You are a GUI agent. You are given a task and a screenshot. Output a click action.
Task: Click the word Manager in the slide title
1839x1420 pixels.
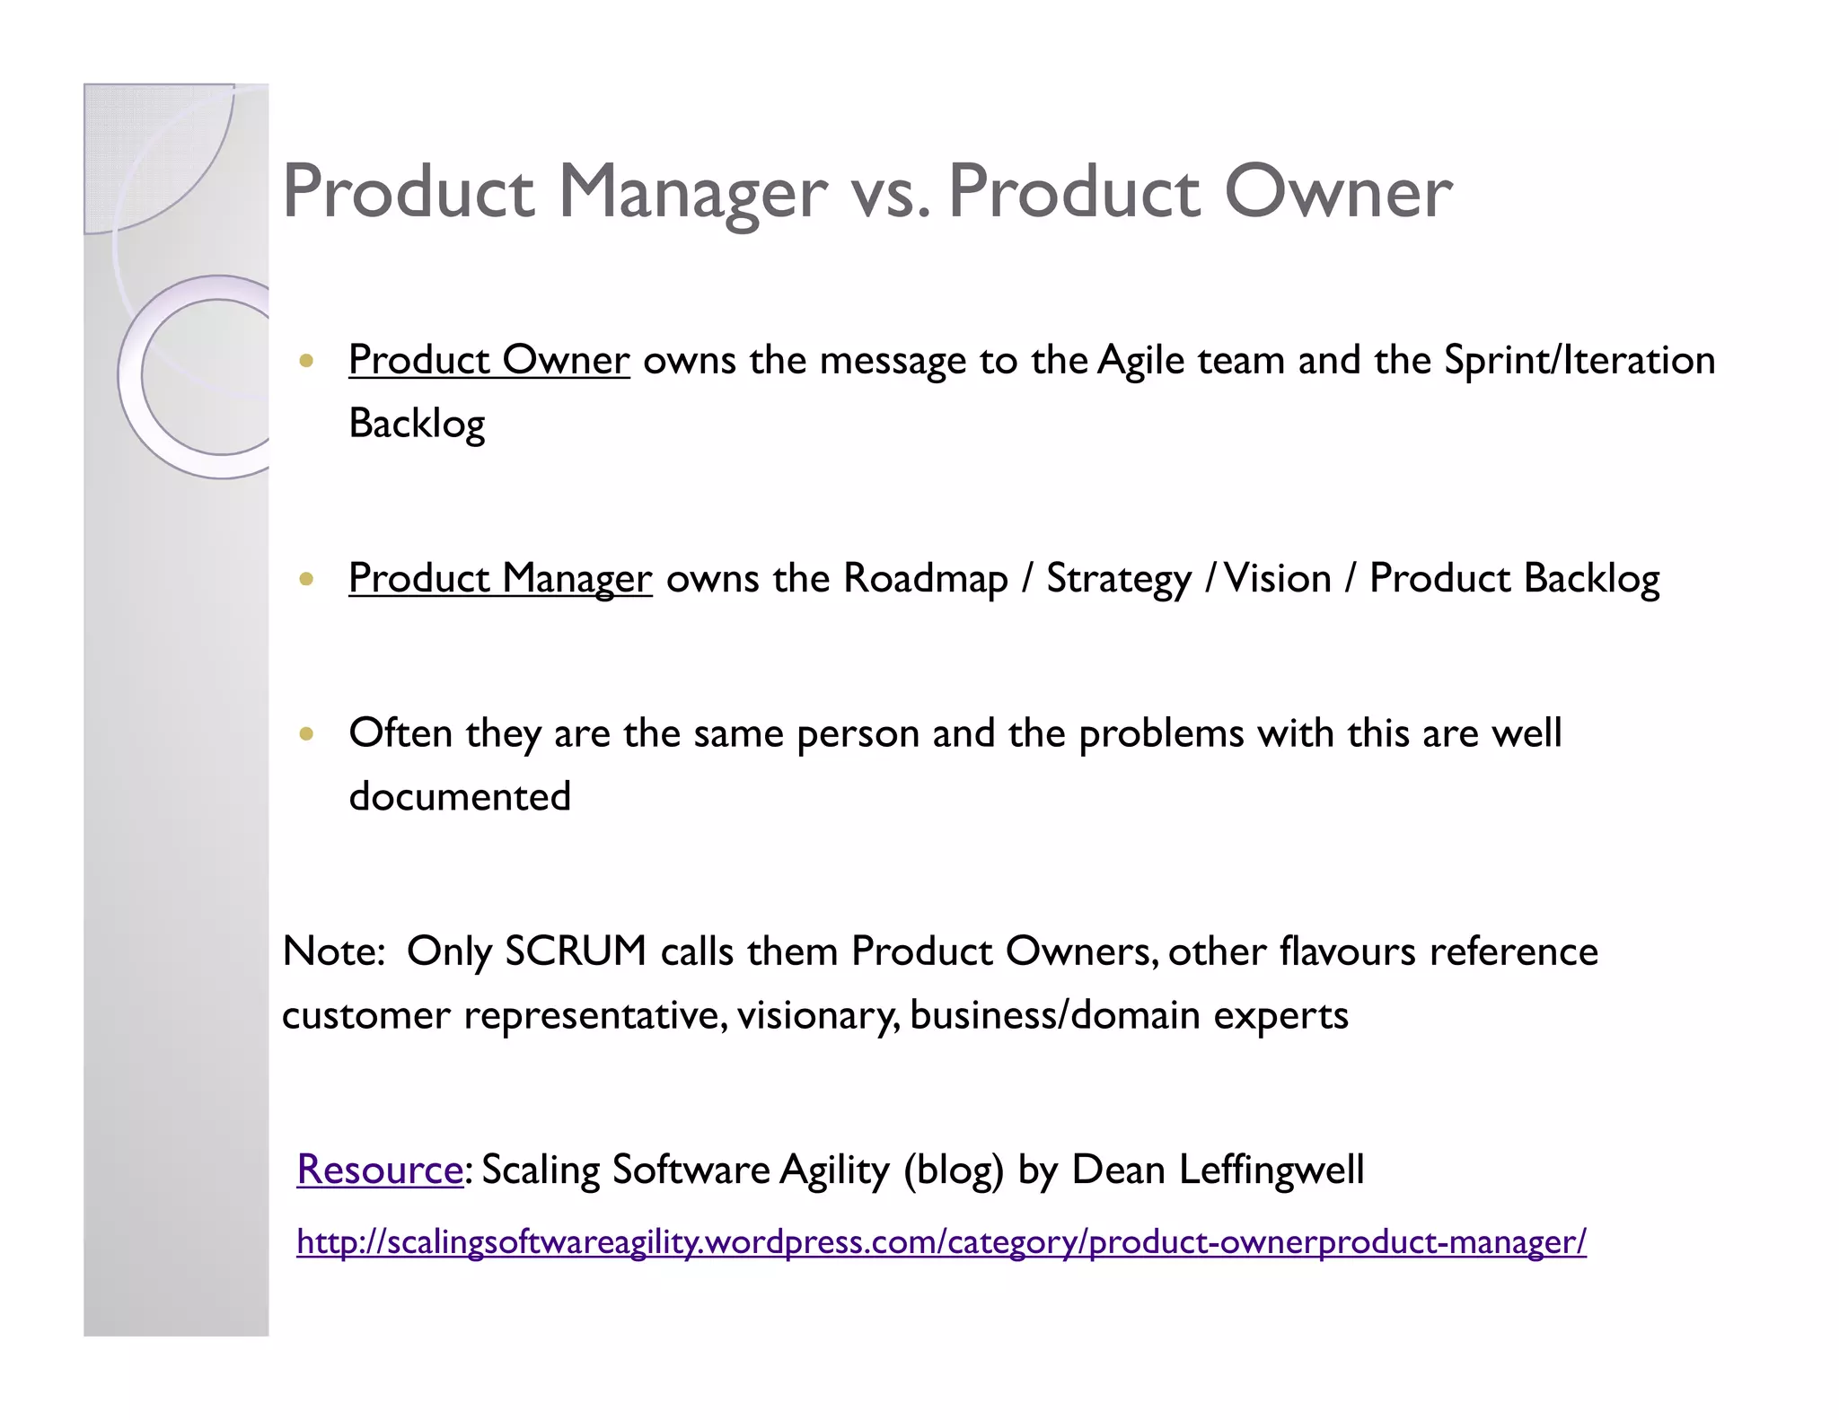[691, 192]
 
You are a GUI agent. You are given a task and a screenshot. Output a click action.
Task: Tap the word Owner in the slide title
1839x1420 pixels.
[1337, 192]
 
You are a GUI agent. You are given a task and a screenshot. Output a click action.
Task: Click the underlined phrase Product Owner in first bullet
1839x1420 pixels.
[488, 360]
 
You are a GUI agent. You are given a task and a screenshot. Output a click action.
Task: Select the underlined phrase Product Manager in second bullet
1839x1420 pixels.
[499, 578]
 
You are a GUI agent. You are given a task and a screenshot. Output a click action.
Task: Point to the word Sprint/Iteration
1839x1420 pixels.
[1579, 360]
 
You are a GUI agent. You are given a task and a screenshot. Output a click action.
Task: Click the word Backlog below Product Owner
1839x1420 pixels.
[417, 424]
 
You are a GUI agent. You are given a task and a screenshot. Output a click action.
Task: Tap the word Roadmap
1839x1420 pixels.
[925, 578]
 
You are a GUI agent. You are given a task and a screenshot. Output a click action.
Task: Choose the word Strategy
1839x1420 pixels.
[1118, 578]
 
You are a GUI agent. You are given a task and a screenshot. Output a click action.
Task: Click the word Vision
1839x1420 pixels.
[1278, 578]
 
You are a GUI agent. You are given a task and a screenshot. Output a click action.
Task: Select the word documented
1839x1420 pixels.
[460, 796]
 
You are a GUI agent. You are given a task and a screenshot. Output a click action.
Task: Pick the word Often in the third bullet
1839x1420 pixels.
[400, 732]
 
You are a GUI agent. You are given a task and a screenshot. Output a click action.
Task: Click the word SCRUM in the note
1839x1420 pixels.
[576, 951]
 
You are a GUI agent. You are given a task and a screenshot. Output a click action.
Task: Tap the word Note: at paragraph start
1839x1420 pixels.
[334, 951]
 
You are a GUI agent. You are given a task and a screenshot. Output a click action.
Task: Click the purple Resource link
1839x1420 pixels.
[380, 1169]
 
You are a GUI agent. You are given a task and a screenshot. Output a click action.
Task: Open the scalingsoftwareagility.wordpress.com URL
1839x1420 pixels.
[941, 1242]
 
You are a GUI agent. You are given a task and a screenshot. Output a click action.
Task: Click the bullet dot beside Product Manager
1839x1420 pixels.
[307, 579]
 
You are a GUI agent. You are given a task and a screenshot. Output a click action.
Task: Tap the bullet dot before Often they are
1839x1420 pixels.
[307, 733]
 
